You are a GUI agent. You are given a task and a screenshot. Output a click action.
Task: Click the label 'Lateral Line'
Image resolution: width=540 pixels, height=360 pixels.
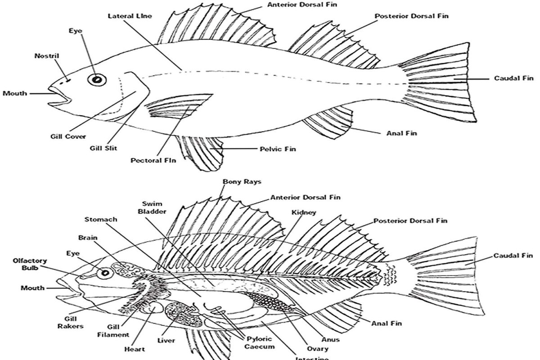point(130,16)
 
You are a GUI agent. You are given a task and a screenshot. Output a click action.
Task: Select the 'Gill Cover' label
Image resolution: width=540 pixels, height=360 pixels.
point(68,136)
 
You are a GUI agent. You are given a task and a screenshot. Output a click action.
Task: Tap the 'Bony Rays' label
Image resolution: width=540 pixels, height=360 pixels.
point(242,182)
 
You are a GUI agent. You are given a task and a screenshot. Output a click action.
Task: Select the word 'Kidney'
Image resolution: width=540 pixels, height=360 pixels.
point(304,212)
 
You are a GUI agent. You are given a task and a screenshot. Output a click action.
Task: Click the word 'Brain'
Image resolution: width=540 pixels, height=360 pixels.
point(87,237)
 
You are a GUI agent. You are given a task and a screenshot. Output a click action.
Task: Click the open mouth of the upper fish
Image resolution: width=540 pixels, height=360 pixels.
point(58,94)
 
